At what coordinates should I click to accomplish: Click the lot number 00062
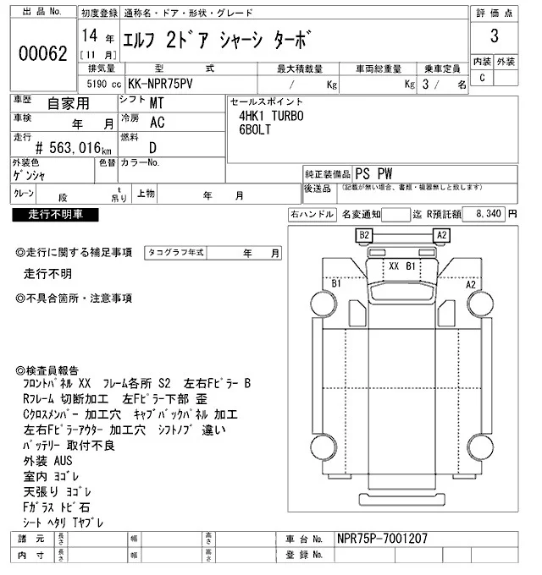tap(42, 52)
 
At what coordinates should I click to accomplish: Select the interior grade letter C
tap(483, 79)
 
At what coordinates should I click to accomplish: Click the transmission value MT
tap(157, 102)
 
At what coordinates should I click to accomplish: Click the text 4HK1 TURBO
tap(271, 116)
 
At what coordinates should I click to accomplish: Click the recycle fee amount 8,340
tap(490, 215)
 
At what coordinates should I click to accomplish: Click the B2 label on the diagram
tap(366, 234)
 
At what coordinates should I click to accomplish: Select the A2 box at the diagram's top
tap(441, 234)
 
